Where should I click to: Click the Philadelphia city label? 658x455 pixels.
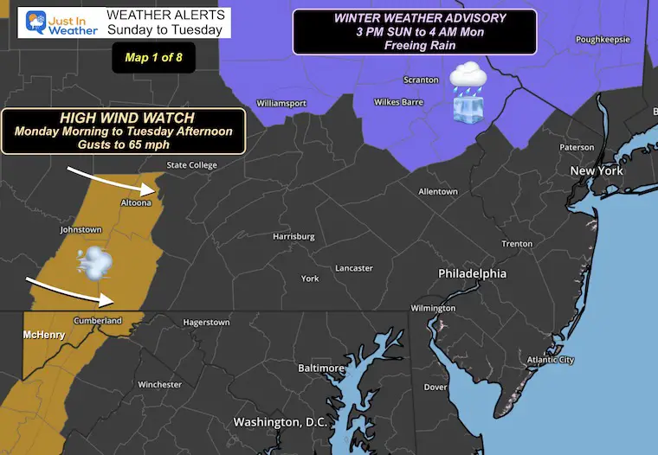click(472, 273)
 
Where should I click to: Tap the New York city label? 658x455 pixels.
click(597, 171)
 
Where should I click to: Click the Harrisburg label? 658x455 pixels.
click(294, 236)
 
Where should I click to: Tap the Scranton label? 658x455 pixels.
click(420, 80)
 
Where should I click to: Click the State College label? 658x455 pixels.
click(191, 165)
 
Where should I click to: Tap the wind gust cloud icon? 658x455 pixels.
click(94, 261)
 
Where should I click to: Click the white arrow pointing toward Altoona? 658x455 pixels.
click(109, 179)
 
